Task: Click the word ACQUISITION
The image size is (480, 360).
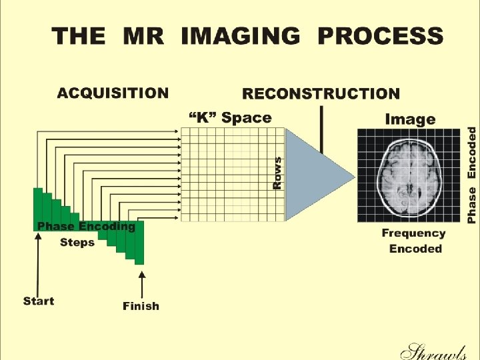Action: [113, 93]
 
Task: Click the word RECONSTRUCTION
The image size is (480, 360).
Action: [321, 95]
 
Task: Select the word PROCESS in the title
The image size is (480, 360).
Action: [380, 35]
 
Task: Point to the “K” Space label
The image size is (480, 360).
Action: [230, 118]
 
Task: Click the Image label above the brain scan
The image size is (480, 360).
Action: [410, 120]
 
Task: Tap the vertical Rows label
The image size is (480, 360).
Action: [277, 172]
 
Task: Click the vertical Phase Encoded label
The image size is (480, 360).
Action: [472, 175]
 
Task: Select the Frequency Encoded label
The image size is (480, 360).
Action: [414, 241]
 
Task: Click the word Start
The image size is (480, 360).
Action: [38, 301]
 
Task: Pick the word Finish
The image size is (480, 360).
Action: [141, 307]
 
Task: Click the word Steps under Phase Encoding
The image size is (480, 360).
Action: [77, 242]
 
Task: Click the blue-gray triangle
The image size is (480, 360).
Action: [313, 175]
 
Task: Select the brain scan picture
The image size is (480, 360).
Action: [409, 175]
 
